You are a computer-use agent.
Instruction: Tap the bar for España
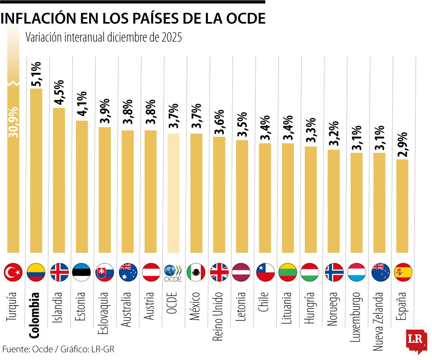[402, 206]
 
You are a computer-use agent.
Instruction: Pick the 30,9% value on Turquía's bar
[14, 122]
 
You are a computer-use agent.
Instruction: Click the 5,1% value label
[36, 74]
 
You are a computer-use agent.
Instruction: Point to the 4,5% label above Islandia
[59, 93]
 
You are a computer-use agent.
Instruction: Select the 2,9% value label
[402, 145]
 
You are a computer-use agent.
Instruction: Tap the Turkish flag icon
[13, 272]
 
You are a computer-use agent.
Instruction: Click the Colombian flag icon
[36, 272]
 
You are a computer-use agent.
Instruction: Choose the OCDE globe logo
[173, 272]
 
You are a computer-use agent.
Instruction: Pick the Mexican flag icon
[196, 272]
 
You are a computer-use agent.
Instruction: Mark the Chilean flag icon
[265, 272]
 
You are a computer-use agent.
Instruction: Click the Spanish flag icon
[402, 272]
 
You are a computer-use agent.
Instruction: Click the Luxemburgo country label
[356, 318]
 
